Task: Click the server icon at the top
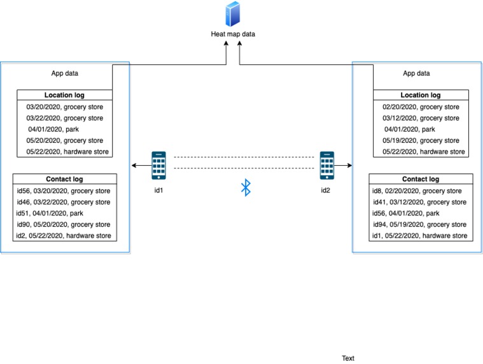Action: point(233,15)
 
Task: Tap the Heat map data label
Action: point(233,34)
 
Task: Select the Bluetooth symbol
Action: point(246,187)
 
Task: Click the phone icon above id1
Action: point(159,165)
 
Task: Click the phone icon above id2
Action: point(327,165)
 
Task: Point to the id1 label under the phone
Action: point(159,191)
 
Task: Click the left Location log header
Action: point(64,95)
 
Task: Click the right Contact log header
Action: point(421,179)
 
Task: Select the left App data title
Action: point(65,73)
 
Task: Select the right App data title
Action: point(417,73)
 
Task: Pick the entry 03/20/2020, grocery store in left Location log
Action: point(64,107)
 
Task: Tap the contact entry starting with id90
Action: point(64,225)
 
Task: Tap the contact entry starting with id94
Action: point(420,225)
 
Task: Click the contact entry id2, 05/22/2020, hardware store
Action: point(64,236)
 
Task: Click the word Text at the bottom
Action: point(348,358)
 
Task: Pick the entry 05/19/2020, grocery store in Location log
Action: point(421,140)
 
